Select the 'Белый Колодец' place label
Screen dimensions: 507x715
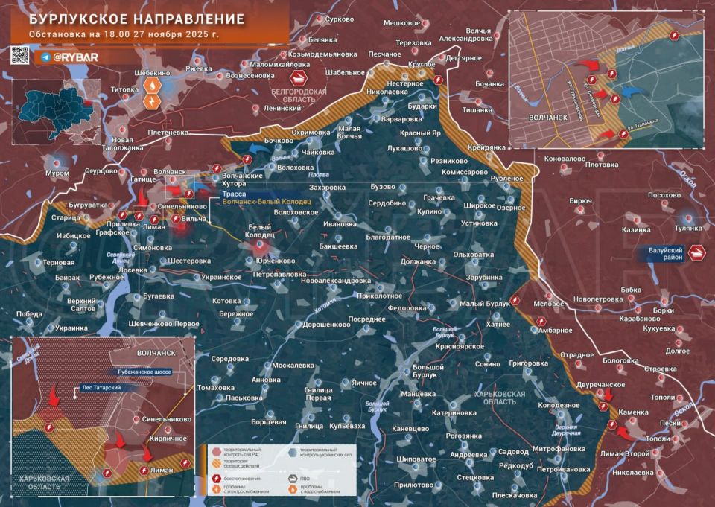(x=261, y=230)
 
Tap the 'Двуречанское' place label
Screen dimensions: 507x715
(x=600, y=384)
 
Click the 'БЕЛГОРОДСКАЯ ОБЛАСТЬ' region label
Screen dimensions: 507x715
(x=295, y=95)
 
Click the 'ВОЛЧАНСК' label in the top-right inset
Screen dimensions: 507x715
(x=539, y=117)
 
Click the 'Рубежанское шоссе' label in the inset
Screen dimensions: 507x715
(x=147, y=371)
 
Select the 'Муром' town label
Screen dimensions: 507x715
(x=57, y=173)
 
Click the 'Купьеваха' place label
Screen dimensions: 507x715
(x=348, y=426)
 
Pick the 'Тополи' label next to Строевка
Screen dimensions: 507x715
(x=661, y=397)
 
